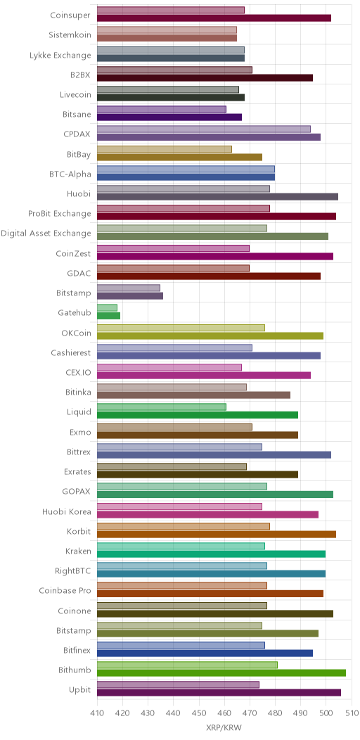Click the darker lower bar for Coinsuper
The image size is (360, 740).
point(214,18)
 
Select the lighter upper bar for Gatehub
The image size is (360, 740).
point(107,307)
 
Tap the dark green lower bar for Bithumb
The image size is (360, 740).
point(221,673)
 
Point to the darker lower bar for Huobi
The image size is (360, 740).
point(217,197)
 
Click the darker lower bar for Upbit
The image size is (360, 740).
point(219,693)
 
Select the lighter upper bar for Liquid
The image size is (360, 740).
point(162,407)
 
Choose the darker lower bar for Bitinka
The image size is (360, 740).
point(193,395)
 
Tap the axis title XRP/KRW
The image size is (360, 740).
point(224,728)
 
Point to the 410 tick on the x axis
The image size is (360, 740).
point(97,703)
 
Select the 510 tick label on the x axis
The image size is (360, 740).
point(352,712)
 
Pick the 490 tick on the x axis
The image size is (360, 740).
point(300,703)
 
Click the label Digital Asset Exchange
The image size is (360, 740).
point(46,233)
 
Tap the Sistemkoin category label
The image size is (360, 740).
point(70,35)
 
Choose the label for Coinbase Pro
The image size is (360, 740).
point(65,590)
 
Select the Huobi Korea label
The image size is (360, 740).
point(67,511)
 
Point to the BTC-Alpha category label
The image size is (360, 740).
point(70,174)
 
